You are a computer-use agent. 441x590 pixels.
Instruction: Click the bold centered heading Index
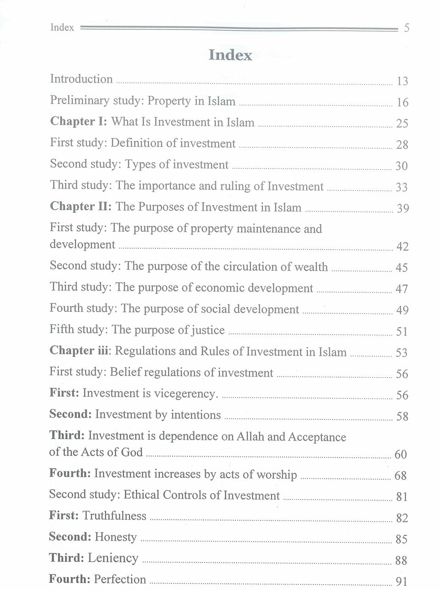pyautogui.click(x=230, y=55)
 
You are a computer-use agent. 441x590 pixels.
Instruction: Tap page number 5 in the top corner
pyautogui.click(x=406, y=28)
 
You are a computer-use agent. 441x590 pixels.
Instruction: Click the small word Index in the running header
pyautogui.click(x=62, y=28)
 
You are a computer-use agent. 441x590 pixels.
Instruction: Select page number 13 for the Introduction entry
pyautogui.click(x=402, y=82)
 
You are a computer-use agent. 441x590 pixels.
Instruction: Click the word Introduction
pyautogui.click(x=81, y=79)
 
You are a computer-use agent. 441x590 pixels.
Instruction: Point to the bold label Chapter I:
pyautogui.click(x=79, y=122)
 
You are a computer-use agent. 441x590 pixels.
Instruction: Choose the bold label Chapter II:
pyautogui.click(x=81, y=207)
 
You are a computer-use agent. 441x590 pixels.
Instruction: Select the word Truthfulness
pyautogui.click(x=114, y=516)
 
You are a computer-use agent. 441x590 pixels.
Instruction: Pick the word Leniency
pyautogui.click(x=113, y=558)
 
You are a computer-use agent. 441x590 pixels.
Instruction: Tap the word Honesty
pyautogui.click(x=115, y=537)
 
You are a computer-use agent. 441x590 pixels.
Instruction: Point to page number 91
pyautogui.click(x=401, y=582)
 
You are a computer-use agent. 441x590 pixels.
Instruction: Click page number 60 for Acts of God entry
pyautogui.click(x=401, y=455)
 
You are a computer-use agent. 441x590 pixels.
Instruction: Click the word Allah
pyautogui.click(x=250, y=436)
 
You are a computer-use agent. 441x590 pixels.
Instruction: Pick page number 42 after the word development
pyautogui.click(x=402, y=247)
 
